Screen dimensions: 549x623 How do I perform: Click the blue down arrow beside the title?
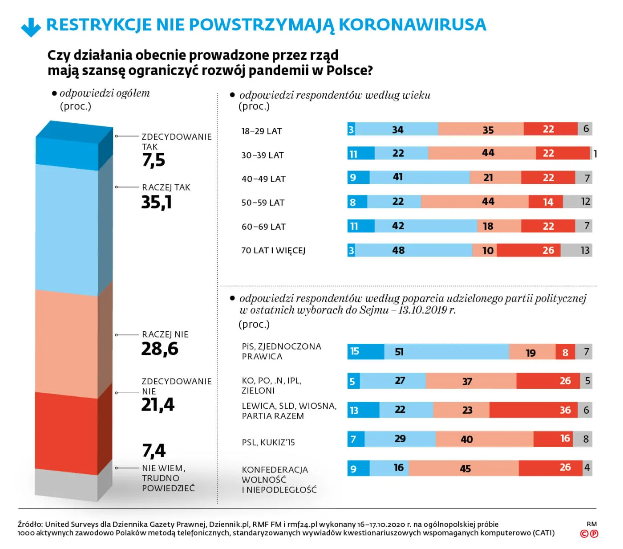[x=31, y=27]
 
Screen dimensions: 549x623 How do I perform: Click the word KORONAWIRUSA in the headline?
[x=413, y=25]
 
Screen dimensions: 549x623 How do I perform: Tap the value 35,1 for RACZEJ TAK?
[x=157, y=203]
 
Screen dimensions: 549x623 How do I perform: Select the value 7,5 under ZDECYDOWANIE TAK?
[x=154, y=160]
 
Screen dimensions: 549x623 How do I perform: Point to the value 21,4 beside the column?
[x=158, y=405]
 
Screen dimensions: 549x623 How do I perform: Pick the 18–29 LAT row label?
[x=262, y=131]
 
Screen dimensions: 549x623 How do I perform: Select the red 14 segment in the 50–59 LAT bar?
[x=546, y=202]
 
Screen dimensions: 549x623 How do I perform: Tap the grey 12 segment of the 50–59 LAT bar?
[x=577, y=202]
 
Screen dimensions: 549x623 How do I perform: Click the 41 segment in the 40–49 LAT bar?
[x=419, y=177]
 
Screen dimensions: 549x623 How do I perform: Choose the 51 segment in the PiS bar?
[x=446, y=352]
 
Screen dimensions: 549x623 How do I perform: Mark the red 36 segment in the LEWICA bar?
[x=533, y=410]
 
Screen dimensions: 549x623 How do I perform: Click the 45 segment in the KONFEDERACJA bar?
[x=463, y=468]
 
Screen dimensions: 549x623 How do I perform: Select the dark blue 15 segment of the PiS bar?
[x=365, y=352]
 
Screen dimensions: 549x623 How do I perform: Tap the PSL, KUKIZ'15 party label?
[x=268, y=443]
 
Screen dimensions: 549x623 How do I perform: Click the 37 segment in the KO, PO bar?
[x=470, y=381]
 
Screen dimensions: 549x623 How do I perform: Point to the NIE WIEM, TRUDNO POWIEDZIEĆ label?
[x=168, y=478]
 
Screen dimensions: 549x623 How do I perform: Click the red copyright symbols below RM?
[x=589, y=533]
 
